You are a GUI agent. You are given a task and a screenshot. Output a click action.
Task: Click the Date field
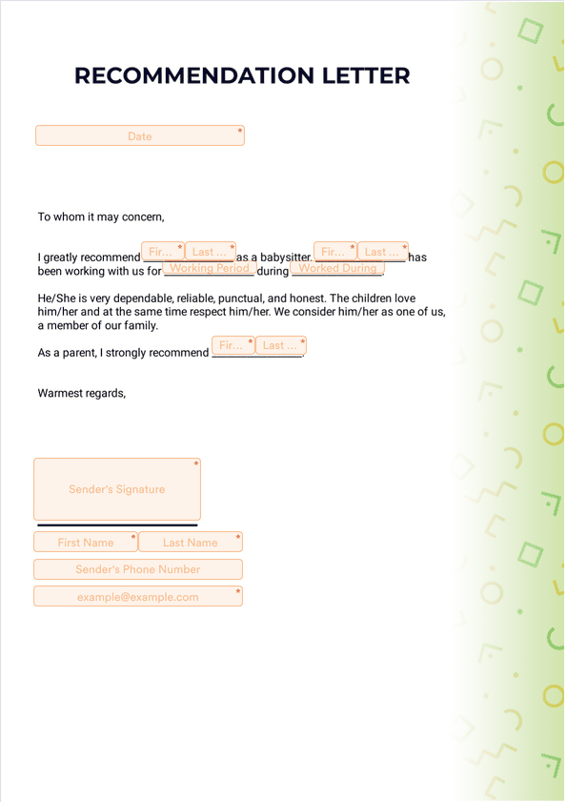click(x=139, y=135)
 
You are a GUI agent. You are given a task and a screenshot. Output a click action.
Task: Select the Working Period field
click(x=209, y=269)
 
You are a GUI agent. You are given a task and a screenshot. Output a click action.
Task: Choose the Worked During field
click(x=337, y=269)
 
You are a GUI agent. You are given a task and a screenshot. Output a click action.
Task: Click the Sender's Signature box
click(x=116, y=489)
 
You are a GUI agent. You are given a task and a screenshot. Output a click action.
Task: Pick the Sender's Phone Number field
click(x=138, y=569)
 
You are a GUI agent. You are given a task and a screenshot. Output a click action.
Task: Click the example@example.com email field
click(x=138, y=597)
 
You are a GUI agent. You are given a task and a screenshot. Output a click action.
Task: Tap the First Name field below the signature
click(x=86, y=543)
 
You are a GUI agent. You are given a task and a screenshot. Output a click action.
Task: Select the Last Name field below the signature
click(x=191, y=543)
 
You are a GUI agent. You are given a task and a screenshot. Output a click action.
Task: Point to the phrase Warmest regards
click(x=81, y=393)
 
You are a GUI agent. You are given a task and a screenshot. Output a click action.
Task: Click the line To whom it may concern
click(x=101, y=216)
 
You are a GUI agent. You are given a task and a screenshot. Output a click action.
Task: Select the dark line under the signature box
click(x=117, y=524)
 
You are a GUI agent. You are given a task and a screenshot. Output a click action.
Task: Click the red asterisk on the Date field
click(x=240, y=131)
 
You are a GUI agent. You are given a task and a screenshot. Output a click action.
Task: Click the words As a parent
click(x=66, y=353)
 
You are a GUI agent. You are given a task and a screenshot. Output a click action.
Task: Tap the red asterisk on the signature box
click(x=196, y=464)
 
